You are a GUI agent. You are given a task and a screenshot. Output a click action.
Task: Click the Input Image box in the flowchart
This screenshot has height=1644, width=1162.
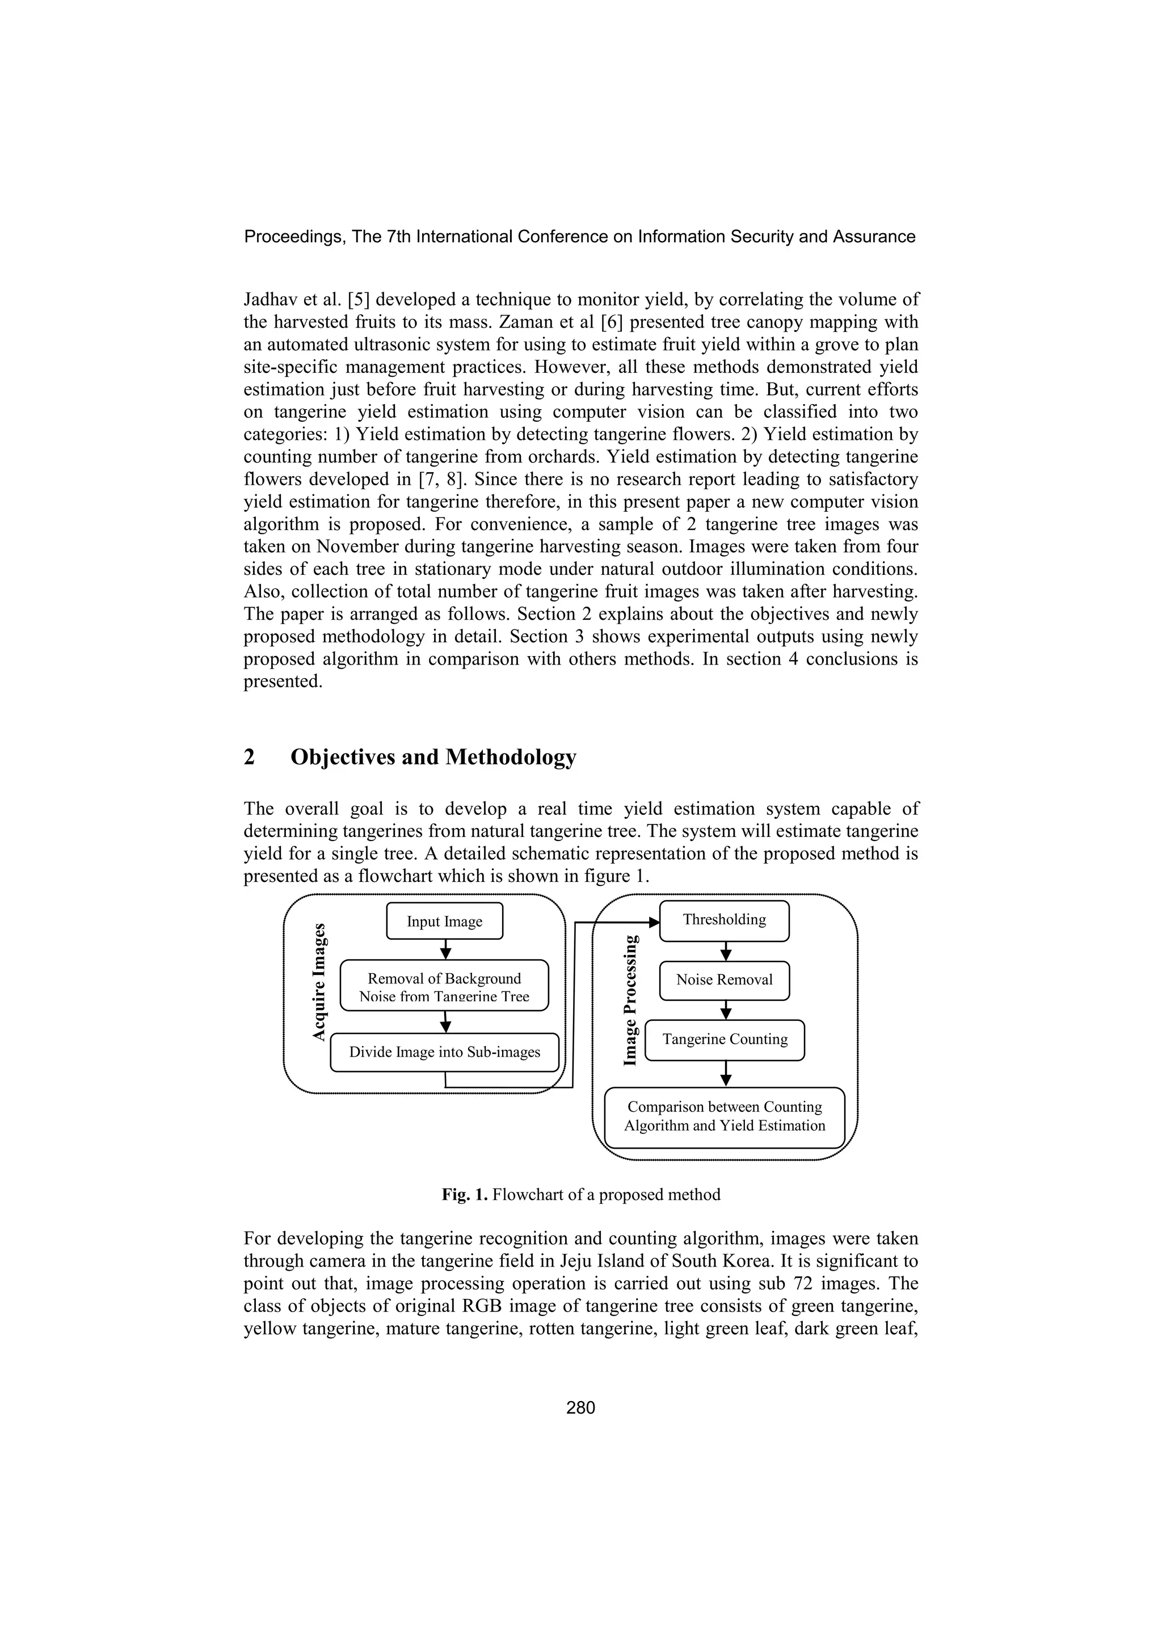(445, 922)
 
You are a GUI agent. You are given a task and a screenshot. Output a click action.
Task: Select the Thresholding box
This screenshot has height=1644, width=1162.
(724, 920)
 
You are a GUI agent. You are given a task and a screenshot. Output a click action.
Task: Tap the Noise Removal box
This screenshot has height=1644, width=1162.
(724, 980)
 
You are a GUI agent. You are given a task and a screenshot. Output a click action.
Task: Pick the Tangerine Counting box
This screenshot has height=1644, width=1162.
(725, 1040)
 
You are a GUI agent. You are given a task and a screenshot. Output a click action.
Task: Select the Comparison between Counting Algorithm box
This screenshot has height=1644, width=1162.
(725, 1116)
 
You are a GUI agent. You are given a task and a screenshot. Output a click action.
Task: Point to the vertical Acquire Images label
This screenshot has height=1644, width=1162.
(319, 982)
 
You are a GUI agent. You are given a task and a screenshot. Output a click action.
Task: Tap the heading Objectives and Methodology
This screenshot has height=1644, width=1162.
(432, 758)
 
